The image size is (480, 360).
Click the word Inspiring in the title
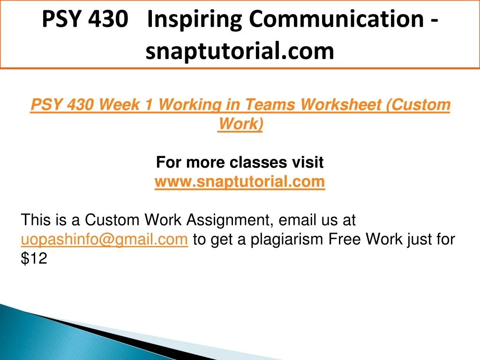pos(195,20)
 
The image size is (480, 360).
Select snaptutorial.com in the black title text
pos(240,51)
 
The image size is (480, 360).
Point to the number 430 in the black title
pos(108,19)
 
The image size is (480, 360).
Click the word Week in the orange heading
pos(120,105)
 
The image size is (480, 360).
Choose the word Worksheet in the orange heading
pos(340,105)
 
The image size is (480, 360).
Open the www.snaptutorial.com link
pos(240,182)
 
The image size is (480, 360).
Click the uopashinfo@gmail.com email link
pos(104,240)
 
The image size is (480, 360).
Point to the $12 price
pos(34,258)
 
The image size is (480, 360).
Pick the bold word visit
pos(307,162)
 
